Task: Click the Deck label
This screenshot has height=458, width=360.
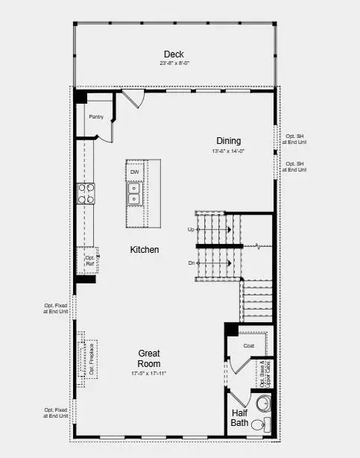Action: click(x=174, y=54)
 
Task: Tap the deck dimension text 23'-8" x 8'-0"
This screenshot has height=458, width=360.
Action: click(x=174, y=63)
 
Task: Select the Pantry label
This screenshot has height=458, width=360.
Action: click(x=96, y=116)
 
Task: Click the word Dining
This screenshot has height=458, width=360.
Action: click(x=228, y=141)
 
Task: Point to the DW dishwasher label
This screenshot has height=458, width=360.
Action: click(x=134, y=172)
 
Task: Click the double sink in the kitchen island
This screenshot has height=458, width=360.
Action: click(x=134, y=194)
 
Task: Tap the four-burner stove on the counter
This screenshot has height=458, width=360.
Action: click(x=86, y=193)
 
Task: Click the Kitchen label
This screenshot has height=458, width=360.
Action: click(x=144, y=250)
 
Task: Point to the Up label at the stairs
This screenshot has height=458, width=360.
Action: click(x=192, y=230)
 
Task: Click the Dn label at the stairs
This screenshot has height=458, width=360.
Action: click(x=192, y=263)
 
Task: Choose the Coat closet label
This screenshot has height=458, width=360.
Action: click(x=249, y=345)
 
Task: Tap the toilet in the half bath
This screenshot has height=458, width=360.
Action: click(x=258, y=424)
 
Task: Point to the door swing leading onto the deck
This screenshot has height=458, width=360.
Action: click(x=132, y=98)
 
